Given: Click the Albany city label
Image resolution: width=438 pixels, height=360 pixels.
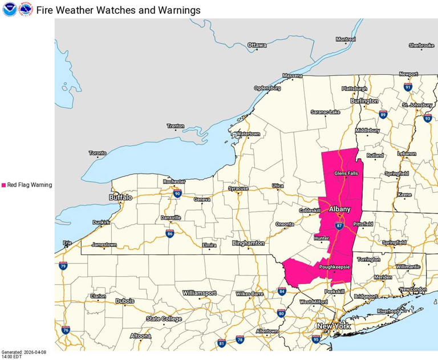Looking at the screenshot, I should click(339, 209).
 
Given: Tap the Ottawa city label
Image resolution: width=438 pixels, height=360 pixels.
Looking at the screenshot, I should click(257, 45).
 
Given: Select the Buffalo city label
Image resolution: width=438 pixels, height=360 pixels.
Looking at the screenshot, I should click(120, 197).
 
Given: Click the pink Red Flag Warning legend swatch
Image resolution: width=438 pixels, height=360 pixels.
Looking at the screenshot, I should click(3, 185).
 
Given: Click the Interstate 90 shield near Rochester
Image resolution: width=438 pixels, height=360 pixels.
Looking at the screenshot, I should click(177, 193).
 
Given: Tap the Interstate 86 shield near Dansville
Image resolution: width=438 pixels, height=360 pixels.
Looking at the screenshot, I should click(170, 233).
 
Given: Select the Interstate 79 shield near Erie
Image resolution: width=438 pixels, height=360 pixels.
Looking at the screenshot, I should click(63, 266).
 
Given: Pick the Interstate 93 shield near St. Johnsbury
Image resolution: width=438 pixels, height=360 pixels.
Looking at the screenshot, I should click(428, 118).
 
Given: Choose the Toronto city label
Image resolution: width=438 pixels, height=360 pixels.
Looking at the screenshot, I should click(98, 153).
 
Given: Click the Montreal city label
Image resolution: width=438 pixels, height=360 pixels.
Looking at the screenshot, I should click(346, 39).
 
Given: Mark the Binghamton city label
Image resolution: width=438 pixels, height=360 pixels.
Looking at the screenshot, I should click(248, 243).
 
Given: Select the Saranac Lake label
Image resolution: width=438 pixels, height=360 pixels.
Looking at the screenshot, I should click(325, 112).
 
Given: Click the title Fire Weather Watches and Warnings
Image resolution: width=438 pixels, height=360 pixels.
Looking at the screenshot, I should click(118, 10).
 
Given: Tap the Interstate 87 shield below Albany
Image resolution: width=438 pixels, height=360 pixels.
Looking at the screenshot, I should click(339, 226).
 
